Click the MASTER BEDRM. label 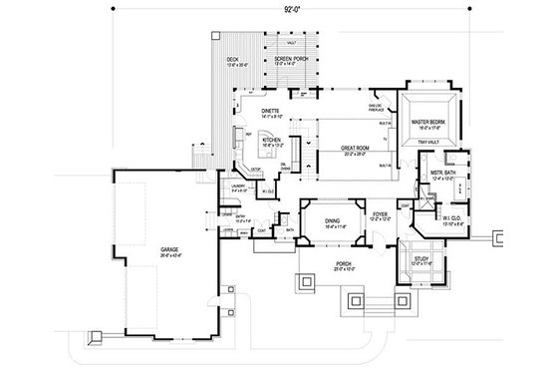coord(430,123)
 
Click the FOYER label coord(381,212)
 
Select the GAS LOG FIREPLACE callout coord(378,107)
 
